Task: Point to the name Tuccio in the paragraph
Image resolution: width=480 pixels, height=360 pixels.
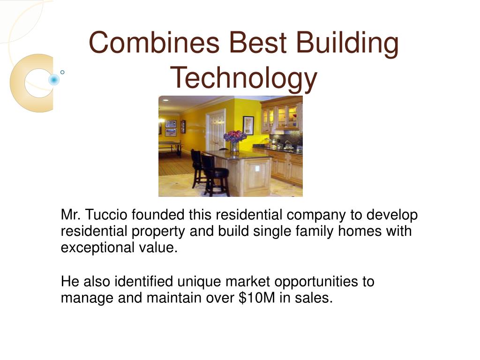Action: [106, 216]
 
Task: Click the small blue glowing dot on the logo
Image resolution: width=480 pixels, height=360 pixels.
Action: [54, 80]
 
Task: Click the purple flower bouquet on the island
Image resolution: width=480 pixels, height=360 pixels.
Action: [235, 136]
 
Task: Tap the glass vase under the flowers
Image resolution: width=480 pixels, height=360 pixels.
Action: [234, 147]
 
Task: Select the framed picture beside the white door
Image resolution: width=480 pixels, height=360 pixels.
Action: [248, 125]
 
